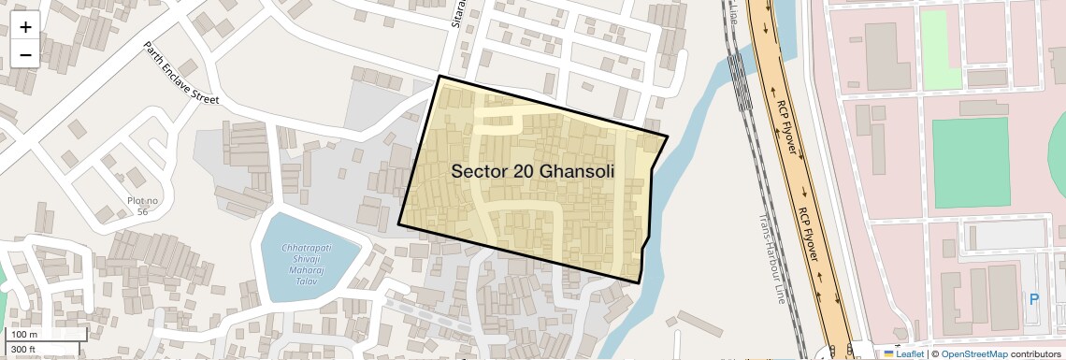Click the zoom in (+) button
(x=25, y=26)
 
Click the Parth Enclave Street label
(x=180, y=72)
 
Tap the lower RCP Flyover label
(x=811, y=230)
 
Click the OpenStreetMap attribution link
(x=973, y=353)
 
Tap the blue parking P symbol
(x=1033, y=300)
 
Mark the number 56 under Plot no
(x=143, y=212)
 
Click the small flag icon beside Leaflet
(x=889, y=353)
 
